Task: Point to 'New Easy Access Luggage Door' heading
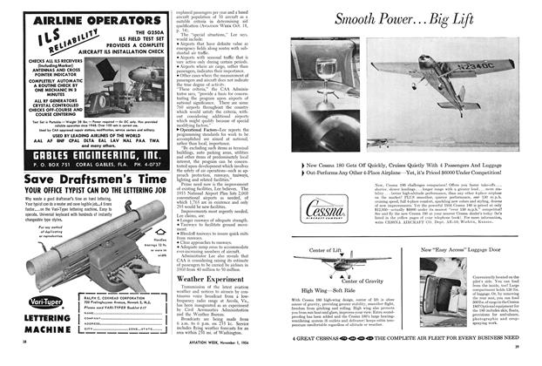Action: click(485, 247)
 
